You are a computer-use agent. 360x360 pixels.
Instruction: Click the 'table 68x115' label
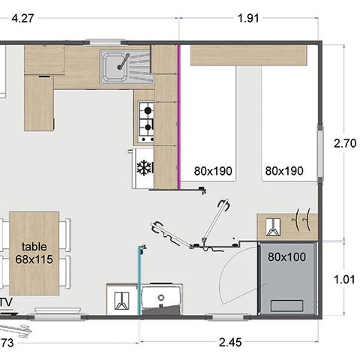[x=34, y=253]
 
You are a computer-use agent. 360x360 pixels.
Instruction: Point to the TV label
[x=6, y=302]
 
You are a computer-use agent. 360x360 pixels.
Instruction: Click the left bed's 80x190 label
[x=213, y=171]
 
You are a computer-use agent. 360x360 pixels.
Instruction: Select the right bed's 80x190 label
[x=284, y=171]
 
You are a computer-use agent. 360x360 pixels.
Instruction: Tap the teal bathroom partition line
[x=139, y=281]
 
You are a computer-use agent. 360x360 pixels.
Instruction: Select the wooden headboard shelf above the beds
[x=248, y=55]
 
